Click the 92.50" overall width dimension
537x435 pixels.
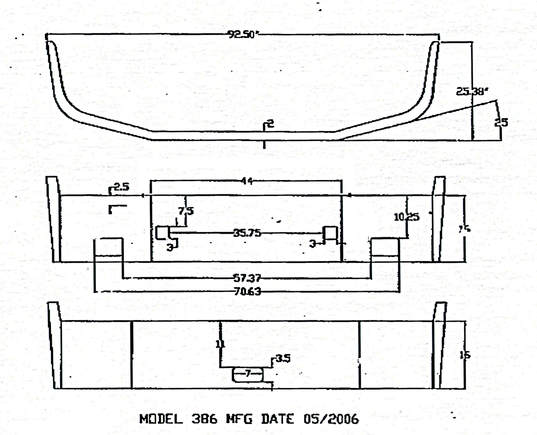point(242,34)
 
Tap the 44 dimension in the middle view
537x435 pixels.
point(248,181)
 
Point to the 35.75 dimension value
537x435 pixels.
point(247,233)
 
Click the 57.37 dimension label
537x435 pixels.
point(247,278)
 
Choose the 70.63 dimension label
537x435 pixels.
point(247,292)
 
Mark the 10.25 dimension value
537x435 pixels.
point(407,217)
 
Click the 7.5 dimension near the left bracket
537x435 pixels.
point(186,211)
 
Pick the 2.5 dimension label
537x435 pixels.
point(121,187)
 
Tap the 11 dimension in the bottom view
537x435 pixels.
point(220,344)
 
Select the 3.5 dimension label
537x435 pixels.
point(283,358)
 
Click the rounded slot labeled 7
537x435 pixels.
point(248,374)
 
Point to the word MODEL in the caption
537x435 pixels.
point(161,419)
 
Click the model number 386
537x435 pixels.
point(204,419)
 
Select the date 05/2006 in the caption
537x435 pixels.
point(331,419)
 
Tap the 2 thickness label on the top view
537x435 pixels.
point(271,124)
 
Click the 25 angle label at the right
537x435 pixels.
point(501,122)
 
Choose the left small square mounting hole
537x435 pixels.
point(162,232)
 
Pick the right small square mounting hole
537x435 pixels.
point(330,232)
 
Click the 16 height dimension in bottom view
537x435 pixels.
point(465,355)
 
